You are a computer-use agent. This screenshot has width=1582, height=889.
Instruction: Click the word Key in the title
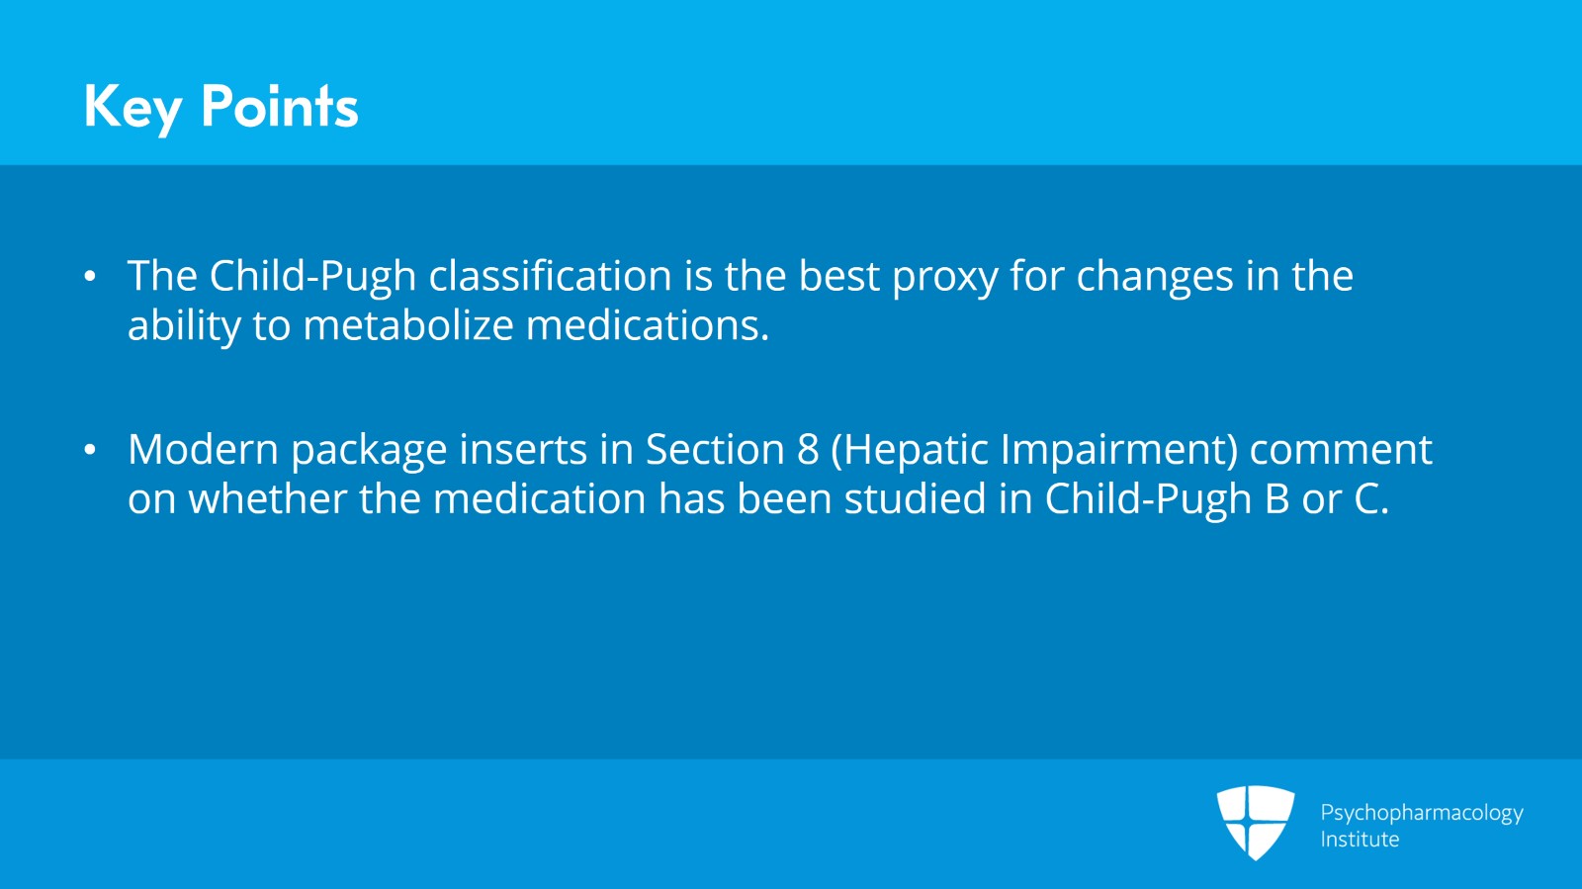[133, 108]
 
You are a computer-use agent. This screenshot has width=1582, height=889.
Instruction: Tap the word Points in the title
[280, 106]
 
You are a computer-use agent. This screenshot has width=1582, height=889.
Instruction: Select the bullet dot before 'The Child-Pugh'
[90, 276]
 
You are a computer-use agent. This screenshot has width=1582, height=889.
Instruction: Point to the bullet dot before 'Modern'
[90, 450]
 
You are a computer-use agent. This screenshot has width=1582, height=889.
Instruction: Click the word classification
[550, 275]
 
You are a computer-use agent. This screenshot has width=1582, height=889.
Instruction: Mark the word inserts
[523, 450]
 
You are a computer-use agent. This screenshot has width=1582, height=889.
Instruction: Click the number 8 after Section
[808, 450]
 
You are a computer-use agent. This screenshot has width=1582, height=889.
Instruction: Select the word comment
[1341, 451]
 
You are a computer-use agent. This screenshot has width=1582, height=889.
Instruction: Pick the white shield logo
[1255, 823]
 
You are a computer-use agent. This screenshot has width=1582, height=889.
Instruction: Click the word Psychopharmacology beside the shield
[1422, 814]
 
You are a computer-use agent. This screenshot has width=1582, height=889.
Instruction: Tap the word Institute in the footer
[1360, 840]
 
